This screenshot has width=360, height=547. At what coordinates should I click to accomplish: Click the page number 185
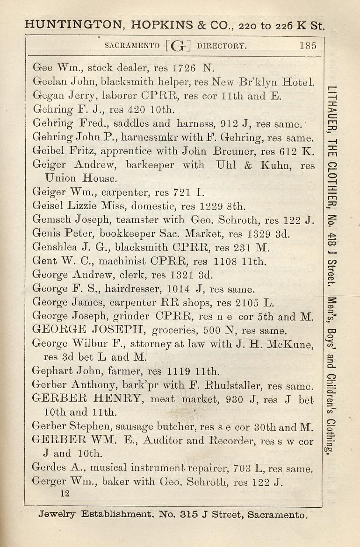coord(308,45)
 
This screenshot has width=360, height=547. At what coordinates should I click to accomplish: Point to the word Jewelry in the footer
coord(58,515)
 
